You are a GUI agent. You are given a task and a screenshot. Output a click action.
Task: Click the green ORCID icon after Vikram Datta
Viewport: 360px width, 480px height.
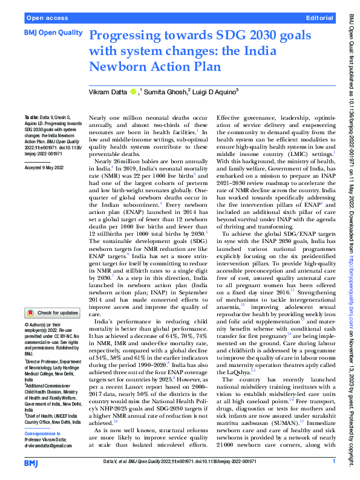[133, 91]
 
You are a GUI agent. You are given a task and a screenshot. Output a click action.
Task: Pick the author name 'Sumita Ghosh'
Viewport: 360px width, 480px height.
[165, 91]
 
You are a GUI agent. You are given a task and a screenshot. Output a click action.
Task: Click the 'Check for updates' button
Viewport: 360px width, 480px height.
[53, 313]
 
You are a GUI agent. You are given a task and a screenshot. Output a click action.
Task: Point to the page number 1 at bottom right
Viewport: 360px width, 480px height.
[333, 462]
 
